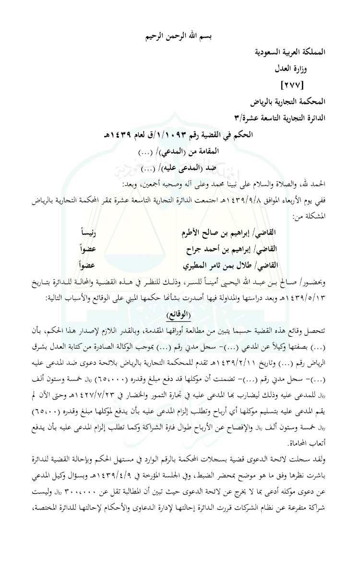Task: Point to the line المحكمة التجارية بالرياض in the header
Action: click(288, 102)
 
